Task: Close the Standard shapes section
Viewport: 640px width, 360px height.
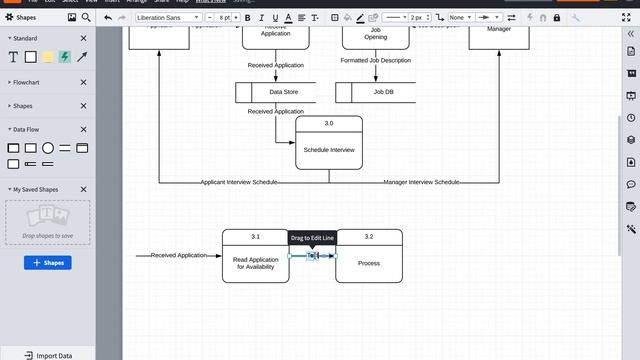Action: [x=83, y=38]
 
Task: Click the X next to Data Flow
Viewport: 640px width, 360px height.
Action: [x=83, y=129]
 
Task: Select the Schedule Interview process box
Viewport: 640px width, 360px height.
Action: [x=329, y=149]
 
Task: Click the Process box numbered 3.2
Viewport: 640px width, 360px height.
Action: [x=369, y=263]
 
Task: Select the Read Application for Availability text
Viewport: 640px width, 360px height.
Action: [x=255, y=263]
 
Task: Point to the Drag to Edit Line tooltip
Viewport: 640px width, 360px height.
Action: [x=312, y=238]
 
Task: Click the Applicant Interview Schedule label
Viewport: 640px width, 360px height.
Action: [x=239, y=182]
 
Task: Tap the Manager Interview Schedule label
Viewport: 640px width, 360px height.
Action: [x=421, y=182]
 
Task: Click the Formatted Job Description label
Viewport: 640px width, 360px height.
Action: [x=375, y=61]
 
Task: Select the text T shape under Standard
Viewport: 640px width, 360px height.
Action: [x=14, y=57]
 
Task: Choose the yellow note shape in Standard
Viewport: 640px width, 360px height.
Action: [x=47, y=57]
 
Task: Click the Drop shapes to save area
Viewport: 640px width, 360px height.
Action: [x=47, y=222]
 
